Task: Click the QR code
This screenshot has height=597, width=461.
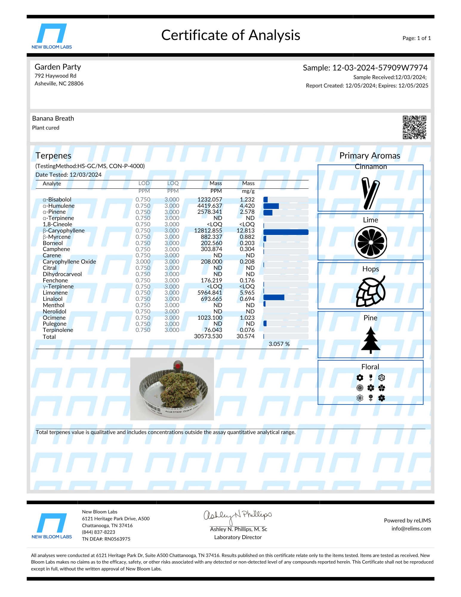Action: (x=414, y=127)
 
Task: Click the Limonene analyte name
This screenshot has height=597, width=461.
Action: (x=55, y=293)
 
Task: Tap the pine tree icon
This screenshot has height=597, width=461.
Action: (x=371, y=340)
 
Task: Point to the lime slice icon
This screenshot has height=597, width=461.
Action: (x=371, y=242)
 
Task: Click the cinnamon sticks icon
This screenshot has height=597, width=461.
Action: (x=370, y=193)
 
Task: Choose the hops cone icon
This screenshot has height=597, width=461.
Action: (x=371, y=291)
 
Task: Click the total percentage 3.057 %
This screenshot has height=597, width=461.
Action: (x=279, y=344)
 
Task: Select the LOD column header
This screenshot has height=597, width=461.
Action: (x=144, y=183)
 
